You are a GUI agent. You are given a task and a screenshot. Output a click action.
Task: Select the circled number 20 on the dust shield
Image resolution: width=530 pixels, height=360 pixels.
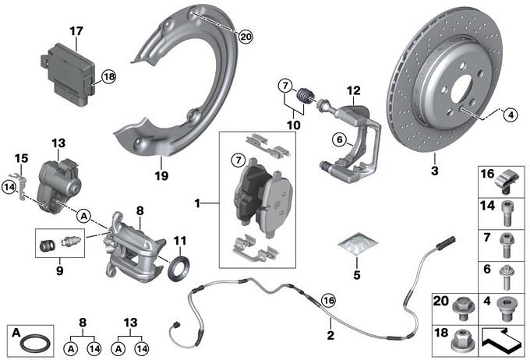click(246, 36)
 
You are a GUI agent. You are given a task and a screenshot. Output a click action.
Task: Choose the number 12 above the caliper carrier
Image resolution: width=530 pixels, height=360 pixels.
click(353, 90)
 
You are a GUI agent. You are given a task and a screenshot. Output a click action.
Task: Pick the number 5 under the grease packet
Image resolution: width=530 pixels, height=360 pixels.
click(357, 274)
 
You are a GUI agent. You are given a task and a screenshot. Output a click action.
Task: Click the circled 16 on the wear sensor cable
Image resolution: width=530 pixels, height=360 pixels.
click(327, 298)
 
